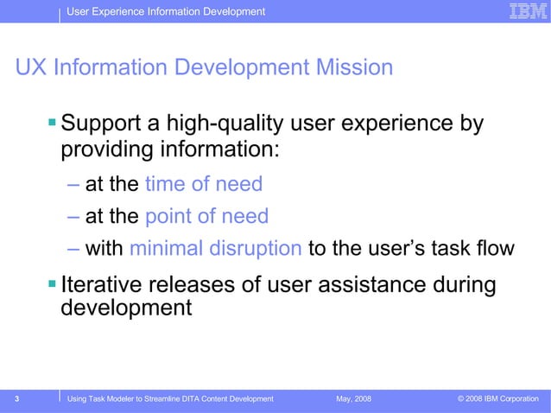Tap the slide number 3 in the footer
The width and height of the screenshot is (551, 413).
coord(17,398)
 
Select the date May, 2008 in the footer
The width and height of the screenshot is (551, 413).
coord(354,398)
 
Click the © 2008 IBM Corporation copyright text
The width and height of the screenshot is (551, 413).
coord(497,398)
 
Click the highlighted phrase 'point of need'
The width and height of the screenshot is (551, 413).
coord(206,216)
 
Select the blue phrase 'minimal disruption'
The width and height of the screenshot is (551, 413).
coord(215,249)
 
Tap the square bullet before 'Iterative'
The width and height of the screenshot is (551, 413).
coord(53,283)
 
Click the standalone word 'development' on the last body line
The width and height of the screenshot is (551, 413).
coord(126,308)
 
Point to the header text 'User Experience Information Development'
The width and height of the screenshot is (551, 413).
coord(166,11)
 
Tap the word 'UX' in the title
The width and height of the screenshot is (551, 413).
coord(32,67)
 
